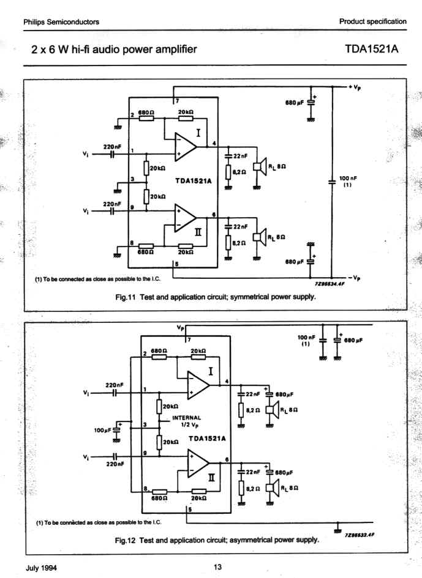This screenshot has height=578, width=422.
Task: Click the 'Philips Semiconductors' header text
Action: point(61,22)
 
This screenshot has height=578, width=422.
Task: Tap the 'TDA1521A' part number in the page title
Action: point(372,49)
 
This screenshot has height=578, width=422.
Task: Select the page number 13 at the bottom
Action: point(218,567)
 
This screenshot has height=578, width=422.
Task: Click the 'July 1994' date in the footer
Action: point(42,568)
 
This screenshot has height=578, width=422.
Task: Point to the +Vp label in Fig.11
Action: point(355,87)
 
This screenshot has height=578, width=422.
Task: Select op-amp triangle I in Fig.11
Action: point(186,147)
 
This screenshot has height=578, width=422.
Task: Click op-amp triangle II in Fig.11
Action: point(185,218)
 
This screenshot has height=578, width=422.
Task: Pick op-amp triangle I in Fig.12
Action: point(198,385)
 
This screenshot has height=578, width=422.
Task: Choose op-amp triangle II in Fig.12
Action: point(198,464)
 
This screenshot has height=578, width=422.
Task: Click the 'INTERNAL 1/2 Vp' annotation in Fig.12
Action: point(187,421)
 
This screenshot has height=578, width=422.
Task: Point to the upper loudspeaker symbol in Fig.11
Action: point(260,166)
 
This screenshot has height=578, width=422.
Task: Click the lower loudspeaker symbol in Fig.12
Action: point(273,487)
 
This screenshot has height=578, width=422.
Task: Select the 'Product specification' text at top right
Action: point(373,21)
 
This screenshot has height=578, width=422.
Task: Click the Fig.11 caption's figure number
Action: point(126,297)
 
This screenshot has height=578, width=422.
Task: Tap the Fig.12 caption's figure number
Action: point(125,541)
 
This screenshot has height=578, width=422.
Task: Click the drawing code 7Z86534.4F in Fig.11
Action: point(330,284)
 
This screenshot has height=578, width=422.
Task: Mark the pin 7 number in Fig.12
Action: point(189,340)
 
